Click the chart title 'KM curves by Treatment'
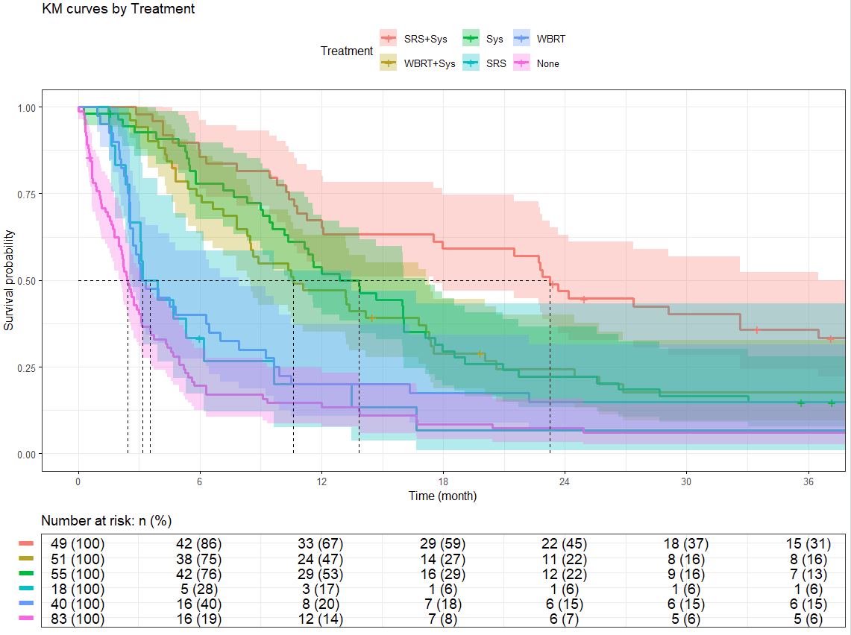click(x=119, y=10)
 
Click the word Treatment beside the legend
click(x=346, y=51)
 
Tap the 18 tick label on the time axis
click(x=443, y=481)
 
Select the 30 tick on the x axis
click(x=686, y=481)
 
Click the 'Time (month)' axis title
click(x=442, y=496)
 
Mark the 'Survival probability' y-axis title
click(x=10, y=280)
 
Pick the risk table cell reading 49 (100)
click(x=78, y=544)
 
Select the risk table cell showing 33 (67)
click(x=321, y=544)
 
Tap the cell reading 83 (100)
click(x=78, y=619)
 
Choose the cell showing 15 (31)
click(x=808, y=544)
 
